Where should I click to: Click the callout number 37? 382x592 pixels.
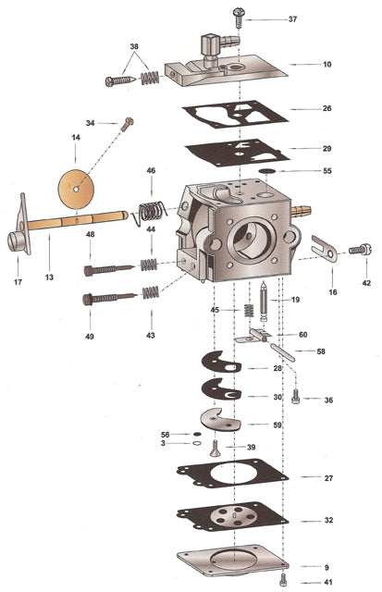(292, 18)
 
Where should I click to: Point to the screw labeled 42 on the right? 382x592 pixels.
(359, 249)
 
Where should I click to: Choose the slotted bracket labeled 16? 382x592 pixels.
(321, 247)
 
